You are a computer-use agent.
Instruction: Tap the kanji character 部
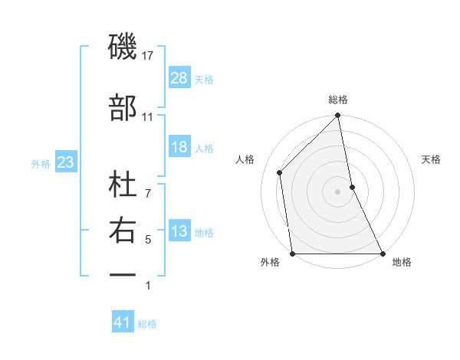click(x=123, y=107)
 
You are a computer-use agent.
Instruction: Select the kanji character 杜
click(x=123, y=183)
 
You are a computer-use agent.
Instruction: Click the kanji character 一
click(x=123, y=273)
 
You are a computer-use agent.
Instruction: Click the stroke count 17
click(x=148, y=55)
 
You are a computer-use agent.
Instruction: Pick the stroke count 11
click(x=148, y=116)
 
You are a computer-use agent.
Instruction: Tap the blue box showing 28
click(x=179, y=78)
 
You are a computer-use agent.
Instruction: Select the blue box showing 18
click(x=179, y=147)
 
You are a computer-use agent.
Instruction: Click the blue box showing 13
click(x=179, y=231)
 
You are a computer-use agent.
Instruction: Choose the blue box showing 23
click(x=66, y=162)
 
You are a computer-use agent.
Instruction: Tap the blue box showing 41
click(x=123, y=322)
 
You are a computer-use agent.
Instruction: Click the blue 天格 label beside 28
click(x=204, y=79)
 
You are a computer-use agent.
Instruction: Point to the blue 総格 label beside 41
click(x=147, y=323)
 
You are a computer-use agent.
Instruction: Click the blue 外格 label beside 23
click(x=41, y=163)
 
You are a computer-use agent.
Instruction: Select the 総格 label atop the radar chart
click(x=338, y=100)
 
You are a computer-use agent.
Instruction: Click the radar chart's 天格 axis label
click(x=432, y=159)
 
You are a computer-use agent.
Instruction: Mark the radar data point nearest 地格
click(x=382, y=254)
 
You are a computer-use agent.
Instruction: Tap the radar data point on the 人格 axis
click(x=280, y=172)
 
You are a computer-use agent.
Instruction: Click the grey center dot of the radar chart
click(x=337, y=191)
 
